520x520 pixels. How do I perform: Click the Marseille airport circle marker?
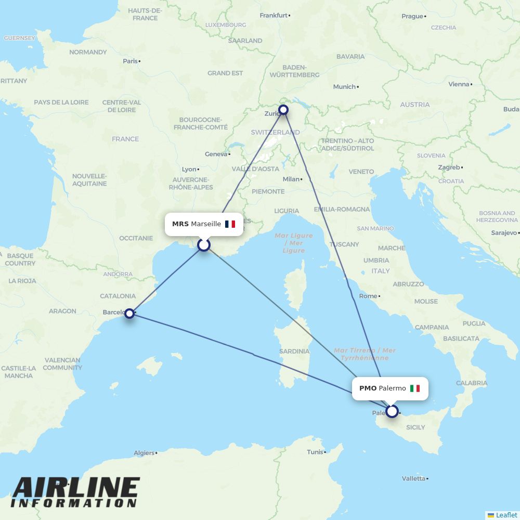tap(204, 244)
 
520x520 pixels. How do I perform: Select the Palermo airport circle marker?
tap(392, 411)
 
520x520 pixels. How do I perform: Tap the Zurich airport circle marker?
tap(283, 110)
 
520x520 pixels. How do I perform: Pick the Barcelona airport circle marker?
tap(129, 313)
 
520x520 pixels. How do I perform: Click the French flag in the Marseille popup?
tap(230, 224)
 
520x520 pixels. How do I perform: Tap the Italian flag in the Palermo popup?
tap(414, 388)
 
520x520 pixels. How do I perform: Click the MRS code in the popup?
tap(180, 224)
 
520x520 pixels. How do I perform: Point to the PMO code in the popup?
tap(368, 388)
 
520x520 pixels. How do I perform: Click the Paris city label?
tap(131, 61)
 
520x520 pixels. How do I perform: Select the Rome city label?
tap(368, 296)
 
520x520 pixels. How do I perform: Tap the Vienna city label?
tap(459, 84)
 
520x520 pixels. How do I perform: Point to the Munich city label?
tap(344, 87)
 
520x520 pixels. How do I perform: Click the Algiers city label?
tap(144, 453)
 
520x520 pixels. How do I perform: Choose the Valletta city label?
tap(413, 478)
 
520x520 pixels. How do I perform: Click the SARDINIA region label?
tap(294, 352)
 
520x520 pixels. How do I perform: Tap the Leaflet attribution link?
tap(506, 515)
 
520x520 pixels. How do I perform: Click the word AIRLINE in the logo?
tap(76, 488)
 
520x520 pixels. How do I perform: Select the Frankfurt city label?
tap(274, 16)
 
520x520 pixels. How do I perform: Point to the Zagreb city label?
tap(449, 167)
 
